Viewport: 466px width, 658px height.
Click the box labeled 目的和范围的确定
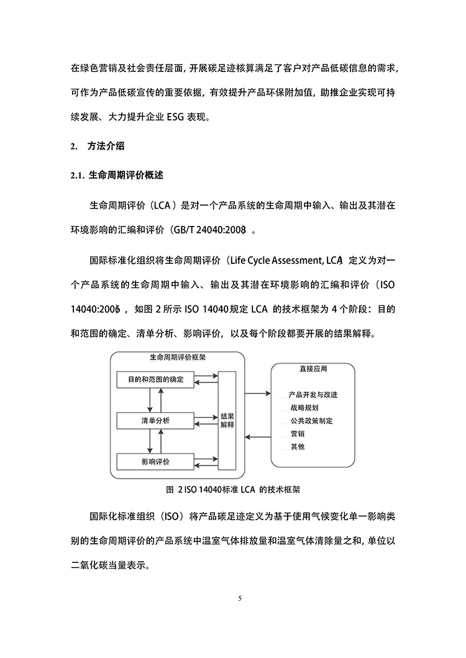pyautogui.click(x=155, y=379)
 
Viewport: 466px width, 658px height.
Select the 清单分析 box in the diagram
pyautogui.click(x=155, y=421)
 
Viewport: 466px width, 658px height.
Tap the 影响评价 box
pyautogui.click(x=155, y=462)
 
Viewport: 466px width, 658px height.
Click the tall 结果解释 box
pyautogui.click(x=227, y=420)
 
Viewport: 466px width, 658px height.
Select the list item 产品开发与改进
pyautogui.click(x=313, y=395)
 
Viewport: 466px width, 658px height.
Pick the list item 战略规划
pyautogui.click(x=304, y=408)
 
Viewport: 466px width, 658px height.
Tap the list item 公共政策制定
pyautogui.click(x=311, y=421)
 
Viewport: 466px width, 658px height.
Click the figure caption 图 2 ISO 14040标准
pyautogui.click(x=233, y=489)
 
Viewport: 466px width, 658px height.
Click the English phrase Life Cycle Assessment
pyautogui.click(x=285, y=259)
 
